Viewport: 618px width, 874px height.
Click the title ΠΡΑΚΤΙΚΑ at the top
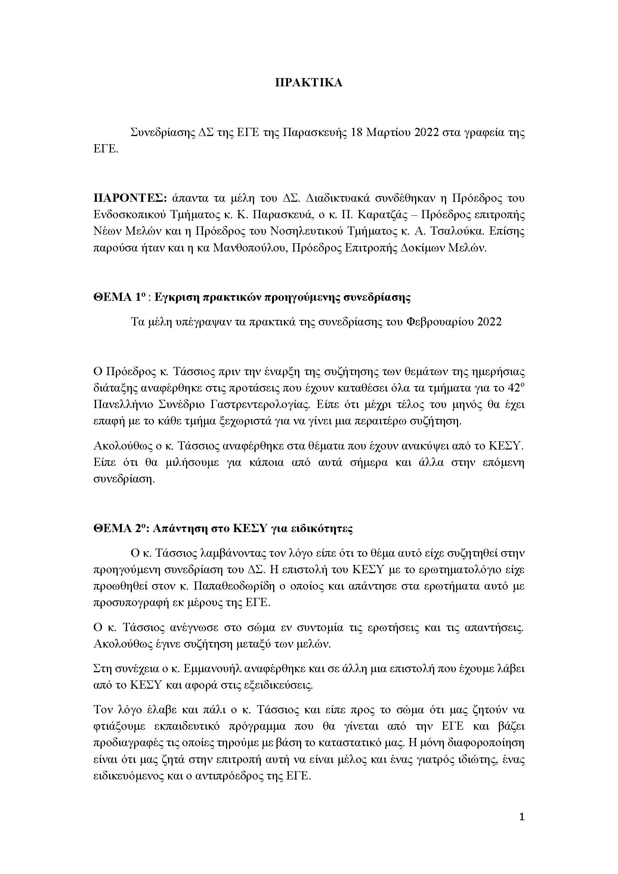tap(309, 83)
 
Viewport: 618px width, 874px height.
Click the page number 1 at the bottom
tap(522, 827)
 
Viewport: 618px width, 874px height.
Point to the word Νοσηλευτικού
tap(307, 231)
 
